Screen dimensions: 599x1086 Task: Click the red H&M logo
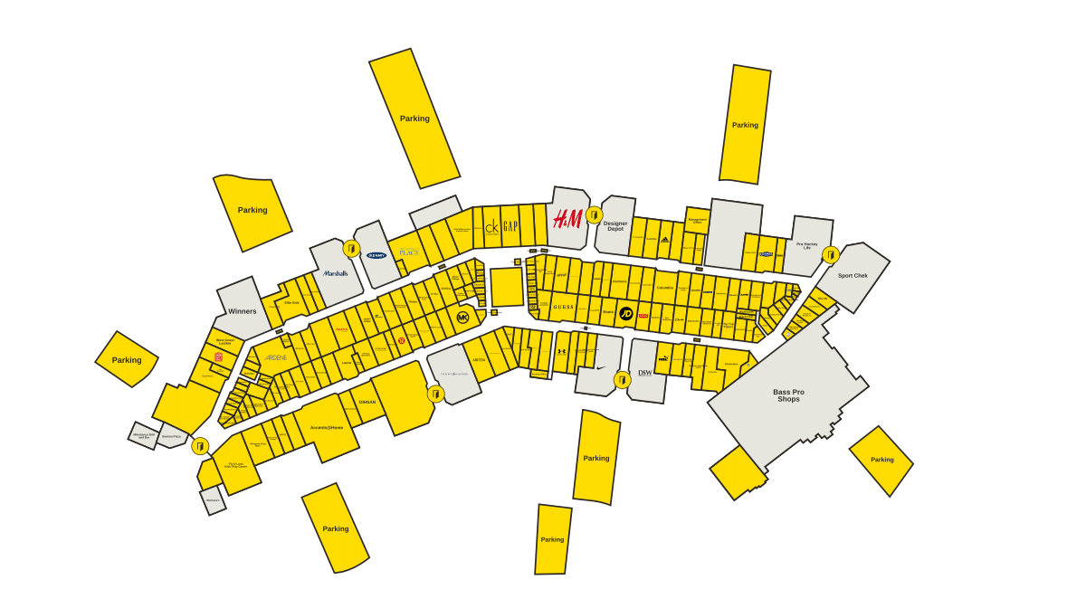point(567,218)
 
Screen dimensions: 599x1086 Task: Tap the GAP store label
point(510,226)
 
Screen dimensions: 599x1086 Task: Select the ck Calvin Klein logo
point(491,227)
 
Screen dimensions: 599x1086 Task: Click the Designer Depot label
point(615,226)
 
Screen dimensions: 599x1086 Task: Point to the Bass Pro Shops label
point(788,395)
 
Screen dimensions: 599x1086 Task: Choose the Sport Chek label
point(853,275)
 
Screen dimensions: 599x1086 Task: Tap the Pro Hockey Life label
point(807,245)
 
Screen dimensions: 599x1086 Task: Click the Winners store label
point(242,311)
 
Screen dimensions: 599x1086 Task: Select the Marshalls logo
point(336,273)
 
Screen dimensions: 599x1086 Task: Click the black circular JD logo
point(625,314)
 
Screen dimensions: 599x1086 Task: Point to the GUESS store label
point(564,308)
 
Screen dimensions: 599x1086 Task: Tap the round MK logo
point(463,318)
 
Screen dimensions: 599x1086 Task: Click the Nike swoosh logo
point(600,366)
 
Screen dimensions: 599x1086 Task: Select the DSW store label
point(644,372)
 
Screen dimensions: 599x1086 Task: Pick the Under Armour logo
point(562,351)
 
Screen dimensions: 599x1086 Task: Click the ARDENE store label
point(275,357)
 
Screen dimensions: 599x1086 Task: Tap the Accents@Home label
point(327,427)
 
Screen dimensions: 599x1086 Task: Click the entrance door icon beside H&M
point(594,214)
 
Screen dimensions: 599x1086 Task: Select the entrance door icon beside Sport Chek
point(830,255)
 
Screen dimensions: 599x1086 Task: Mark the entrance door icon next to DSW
point(622,380)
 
